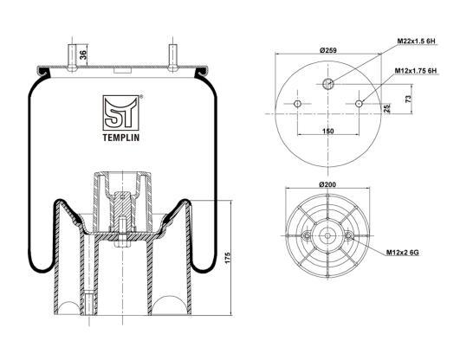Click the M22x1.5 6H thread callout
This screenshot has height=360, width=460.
click(416, 41)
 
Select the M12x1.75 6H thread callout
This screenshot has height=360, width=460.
click(416, 71)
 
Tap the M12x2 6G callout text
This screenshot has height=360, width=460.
click(402, 253)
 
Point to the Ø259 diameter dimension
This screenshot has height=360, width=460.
click(328, 50)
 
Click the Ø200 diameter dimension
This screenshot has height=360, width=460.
click(327, 184)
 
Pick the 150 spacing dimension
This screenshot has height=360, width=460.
click(328, 131)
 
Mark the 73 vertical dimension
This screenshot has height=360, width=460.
click(409, 99)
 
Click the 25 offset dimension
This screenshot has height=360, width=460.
click(387, 108)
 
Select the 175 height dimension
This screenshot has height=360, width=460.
click(228, 257)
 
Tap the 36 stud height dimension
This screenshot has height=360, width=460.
click(83, 55)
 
